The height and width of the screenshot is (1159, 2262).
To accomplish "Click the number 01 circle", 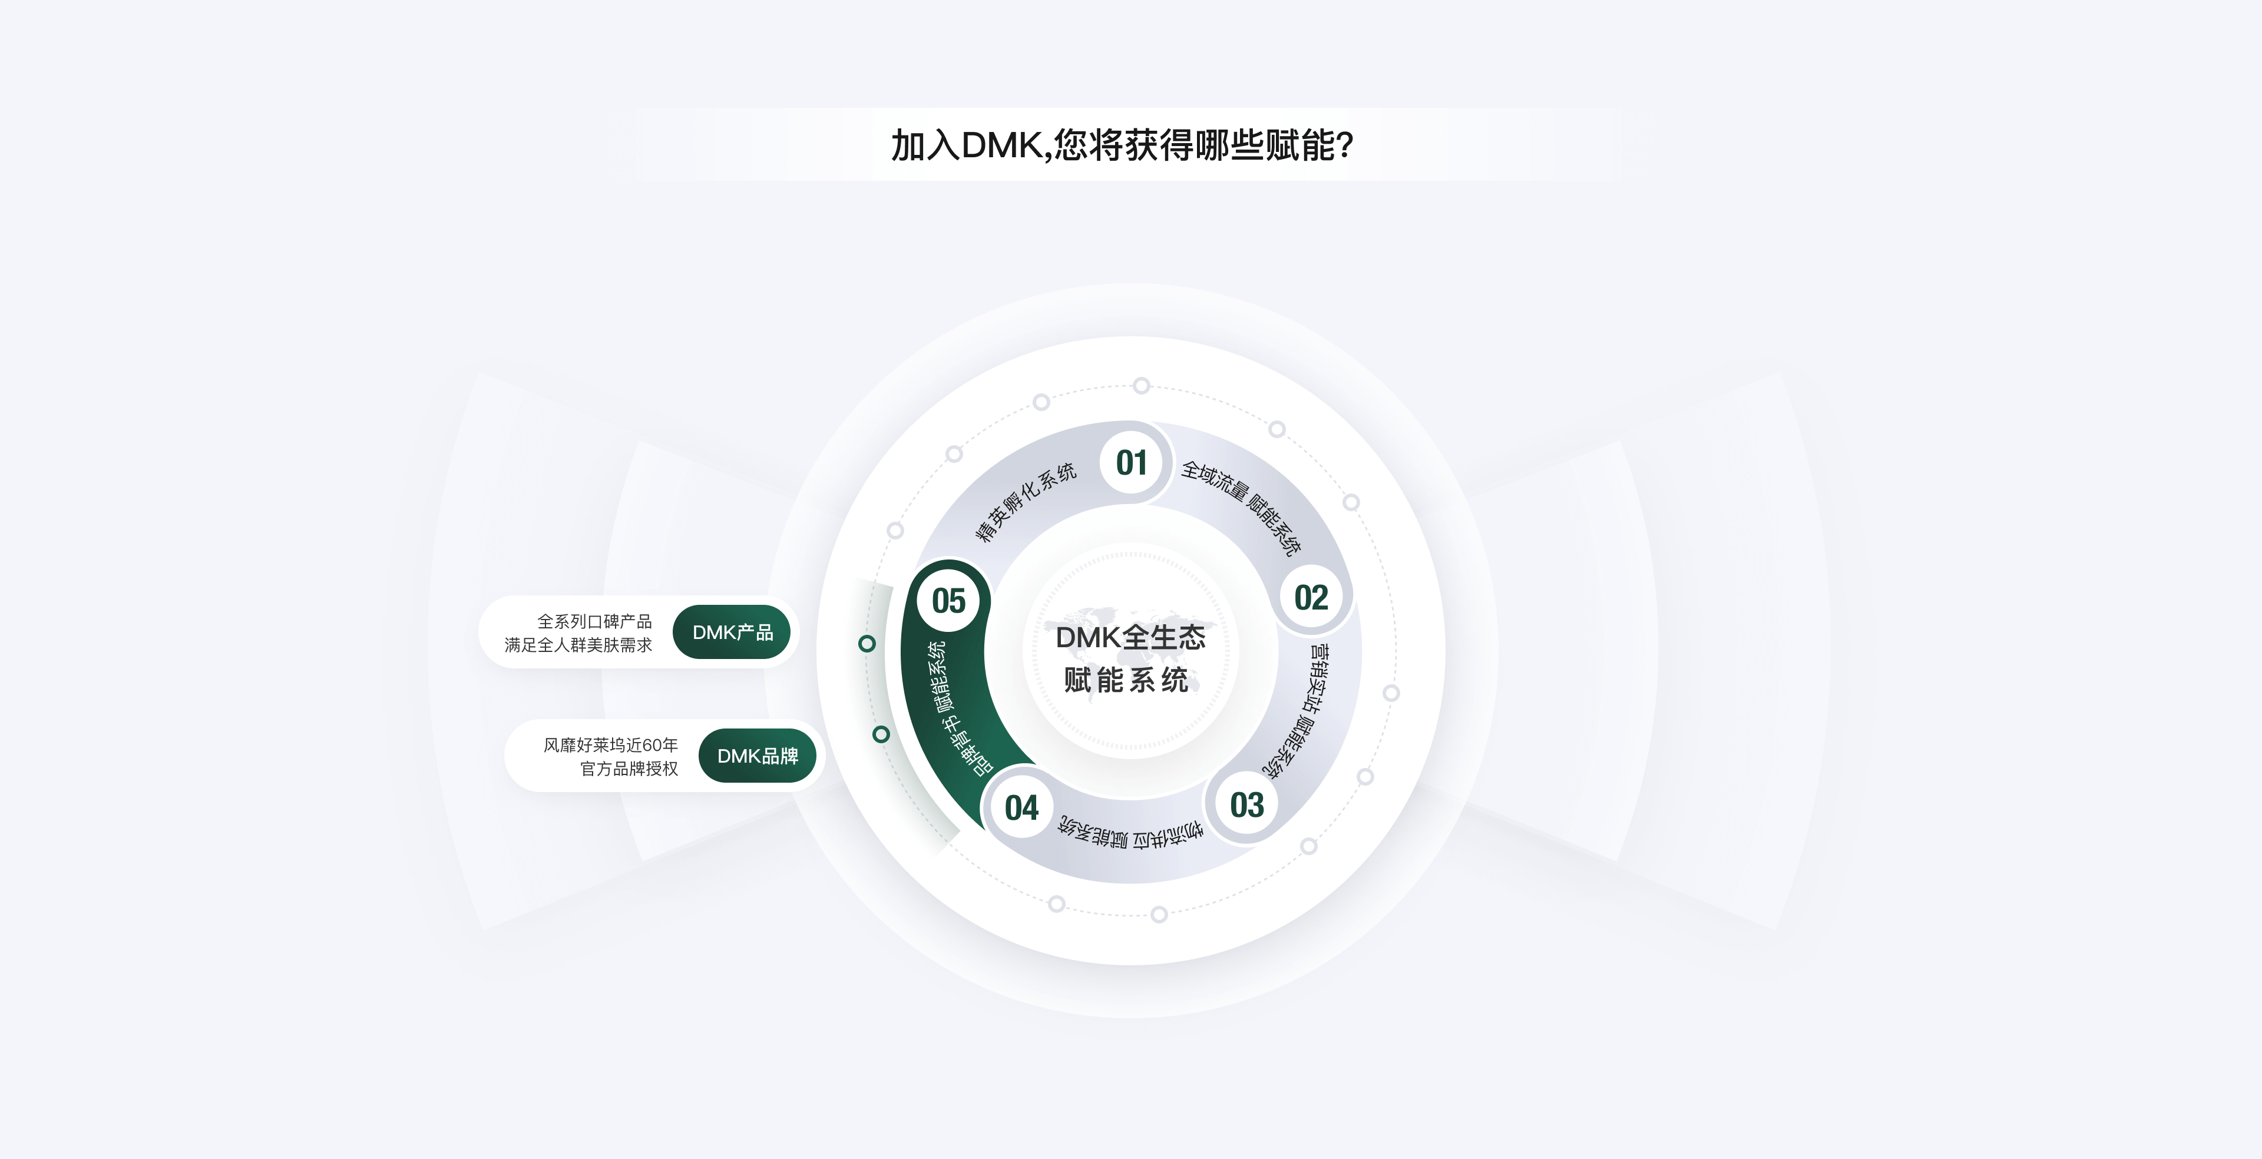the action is pos(1131,463).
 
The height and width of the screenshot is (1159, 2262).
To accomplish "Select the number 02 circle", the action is pos(1311,598).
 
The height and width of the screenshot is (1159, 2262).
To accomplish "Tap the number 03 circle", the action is pos(1247,805).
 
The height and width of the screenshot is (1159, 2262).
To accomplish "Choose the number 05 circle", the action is pos(948,601).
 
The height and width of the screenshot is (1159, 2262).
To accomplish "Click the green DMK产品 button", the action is pos(732,632).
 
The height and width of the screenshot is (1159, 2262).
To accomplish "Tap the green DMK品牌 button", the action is pos(757,756).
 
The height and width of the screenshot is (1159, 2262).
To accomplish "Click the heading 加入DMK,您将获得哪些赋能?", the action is pos(1123,145).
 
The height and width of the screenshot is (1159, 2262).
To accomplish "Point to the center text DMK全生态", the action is pos(1130,637).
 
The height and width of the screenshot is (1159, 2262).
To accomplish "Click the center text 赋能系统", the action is pos(1127,680).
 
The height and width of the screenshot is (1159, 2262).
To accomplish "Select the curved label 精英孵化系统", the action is pos(1025,501).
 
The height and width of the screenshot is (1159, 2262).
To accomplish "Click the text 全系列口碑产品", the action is pos(594,621).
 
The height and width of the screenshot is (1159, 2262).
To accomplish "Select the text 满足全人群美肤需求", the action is pos(578,644).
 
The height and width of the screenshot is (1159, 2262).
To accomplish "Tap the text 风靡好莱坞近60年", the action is pos(610,744).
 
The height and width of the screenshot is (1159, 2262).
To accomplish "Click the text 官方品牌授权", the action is pos(629,769).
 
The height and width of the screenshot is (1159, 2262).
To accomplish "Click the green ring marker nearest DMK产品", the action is pos(867,644).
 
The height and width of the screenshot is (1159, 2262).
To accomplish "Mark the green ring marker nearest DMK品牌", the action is pos(881,734).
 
